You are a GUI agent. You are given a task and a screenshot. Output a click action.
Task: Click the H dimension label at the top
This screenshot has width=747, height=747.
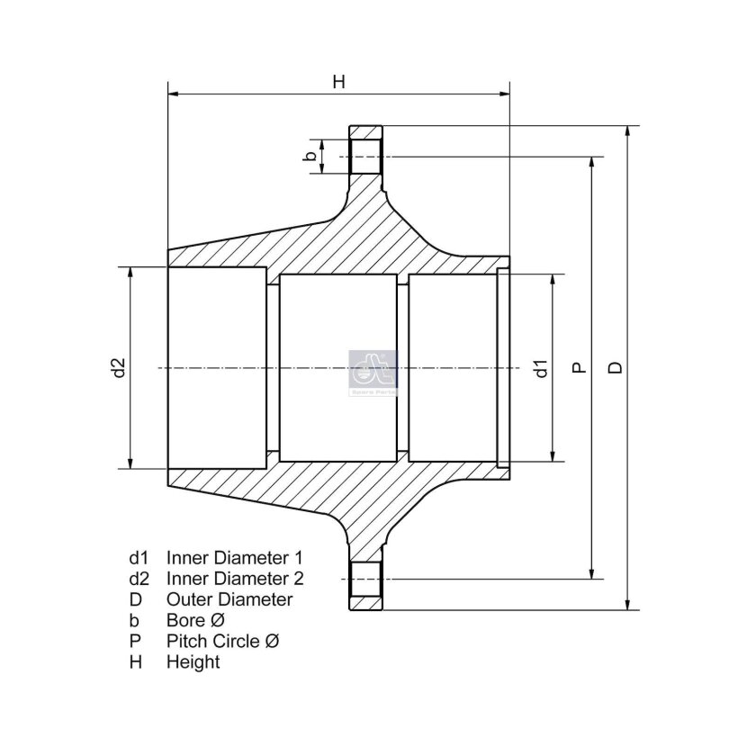click(x=338, y=82)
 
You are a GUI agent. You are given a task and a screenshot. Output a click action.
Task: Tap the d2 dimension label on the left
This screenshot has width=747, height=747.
click(x=118, y=367)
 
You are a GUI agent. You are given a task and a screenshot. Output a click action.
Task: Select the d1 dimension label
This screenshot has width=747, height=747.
click(x=542, y=368)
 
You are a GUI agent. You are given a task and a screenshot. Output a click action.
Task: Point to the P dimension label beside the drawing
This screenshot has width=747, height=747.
click(x=579, y=367)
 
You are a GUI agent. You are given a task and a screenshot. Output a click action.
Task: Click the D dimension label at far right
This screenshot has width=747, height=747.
click(x=616, y=367)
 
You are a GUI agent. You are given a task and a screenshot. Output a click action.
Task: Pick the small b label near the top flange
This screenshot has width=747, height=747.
click(x=310, y=156)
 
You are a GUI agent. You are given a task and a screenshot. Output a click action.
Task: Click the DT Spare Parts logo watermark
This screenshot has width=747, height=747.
click(x=373, y=373)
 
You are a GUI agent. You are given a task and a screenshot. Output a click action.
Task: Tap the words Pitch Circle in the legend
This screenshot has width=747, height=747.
click(x=212, y=641)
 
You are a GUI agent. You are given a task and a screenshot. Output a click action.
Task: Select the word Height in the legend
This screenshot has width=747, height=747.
click(x=193, y=662)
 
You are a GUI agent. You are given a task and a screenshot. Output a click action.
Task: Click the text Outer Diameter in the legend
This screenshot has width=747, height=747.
click(x=229, y=599)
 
